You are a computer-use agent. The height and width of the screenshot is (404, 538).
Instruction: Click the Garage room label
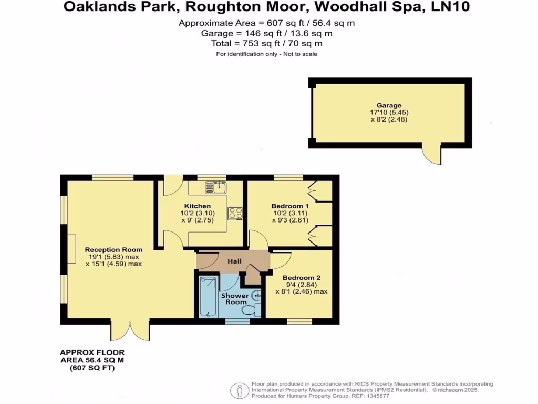[388, 106]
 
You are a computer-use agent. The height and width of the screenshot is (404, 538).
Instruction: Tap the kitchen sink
[215, 187]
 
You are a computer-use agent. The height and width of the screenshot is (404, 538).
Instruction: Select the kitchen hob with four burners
[235, 213]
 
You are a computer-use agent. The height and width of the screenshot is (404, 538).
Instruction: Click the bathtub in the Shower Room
[208, 297]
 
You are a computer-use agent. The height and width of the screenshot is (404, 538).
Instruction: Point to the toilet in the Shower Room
[252, 310]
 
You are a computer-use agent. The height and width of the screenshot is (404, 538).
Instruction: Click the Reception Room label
[113, 250]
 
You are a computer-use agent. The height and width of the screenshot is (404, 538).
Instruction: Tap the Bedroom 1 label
[290, 206]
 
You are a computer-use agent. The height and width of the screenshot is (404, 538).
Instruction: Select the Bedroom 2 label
[301, 278]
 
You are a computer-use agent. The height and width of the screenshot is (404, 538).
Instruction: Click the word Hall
[234, 261]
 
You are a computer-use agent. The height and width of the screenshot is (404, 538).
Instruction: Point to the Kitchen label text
[198, 206]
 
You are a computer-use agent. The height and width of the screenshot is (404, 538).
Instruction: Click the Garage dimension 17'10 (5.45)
[389, 113]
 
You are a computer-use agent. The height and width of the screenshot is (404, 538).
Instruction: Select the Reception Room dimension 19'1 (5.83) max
[114, 257]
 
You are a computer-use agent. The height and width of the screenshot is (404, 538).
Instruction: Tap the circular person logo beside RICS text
[240, 390]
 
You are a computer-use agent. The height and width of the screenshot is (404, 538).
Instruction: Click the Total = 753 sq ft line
[266, 43]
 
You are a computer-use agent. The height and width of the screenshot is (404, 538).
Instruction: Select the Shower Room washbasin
[256, 296]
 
